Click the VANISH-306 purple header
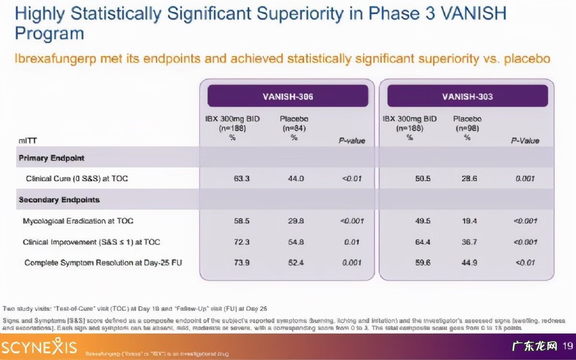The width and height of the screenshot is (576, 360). click(x=288, y=96)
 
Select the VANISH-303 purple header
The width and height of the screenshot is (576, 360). click(x=467, y=96)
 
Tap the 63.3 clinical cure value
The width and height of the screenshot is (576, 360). click(x=241, y=179)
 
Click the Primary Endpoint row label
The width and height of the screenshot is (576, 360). click(x=51, y=158)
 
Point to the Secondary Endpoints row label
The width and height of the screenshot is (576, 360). click(x=59, y=200)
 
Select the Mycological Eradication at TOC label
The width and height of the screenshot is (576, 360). click(x=78, y=221)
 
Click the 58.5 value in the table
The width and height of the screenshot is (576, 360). click(x=241, y=221)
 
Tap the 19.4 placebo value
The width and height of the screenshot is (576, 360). click(x=469, y=221)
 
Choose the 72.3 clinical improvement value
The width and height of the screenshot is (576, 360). click(x=241, y=242)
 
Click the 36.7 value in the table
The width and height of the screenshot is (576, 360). click(x=469, y=242)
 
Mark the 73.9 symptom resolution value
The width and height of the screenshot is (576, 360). click(x=241, y=263)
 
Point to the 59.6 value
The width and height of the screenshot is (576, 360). click(x=423, y=263)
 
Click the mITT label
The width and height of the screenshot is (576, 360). click(x=27, y=141)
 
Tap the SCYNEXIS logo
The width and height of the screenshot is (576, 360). click(x=39, y=347)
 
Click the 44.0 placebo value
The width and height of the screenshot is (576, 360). click(x=296, y=179)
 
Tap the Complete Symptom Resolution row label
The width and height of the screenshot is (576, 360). click(x=103, y=263)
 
